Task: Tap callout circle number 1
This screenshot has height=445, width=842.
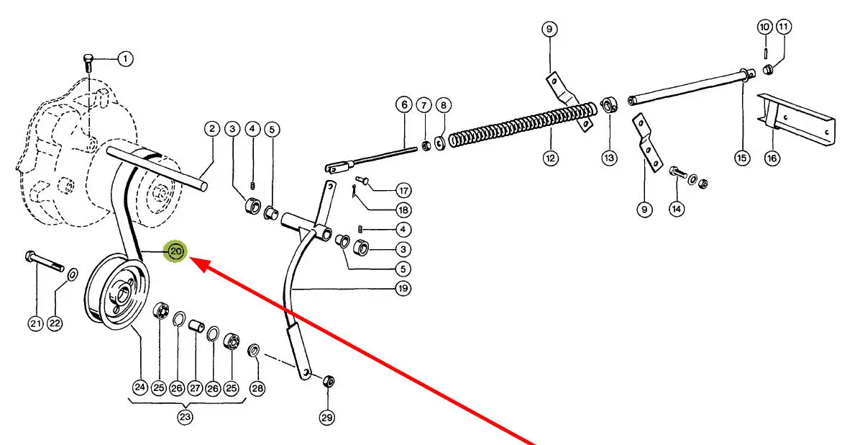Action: point(125,59)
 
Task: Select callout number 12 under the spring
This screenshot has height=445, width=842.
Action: point(550,158)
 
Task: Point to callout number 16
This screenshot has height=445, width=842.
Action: point(772,158)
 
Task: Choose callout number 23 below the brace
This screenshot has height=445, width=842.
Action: point(186,417)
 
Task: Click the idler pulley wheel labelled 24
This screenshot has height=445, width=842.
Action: point(116,292)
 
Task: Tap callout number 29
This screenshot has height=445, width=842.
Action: point(327,417)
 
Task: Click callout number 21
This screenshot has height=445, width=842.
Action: point(36,324)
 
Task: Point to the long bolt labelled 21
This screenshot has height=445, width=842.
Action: point(45,262)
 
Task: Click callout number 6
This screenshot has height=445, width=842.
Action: point(403,105)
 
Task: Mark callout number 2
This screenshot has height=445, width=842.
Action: point(211,129)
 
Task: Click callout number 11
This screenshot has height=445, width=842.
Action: point(783,27)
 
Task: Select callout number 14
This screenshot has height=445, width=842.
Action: point(676,210)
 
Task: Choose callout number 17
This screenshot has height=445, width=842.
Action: point(403,191)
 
